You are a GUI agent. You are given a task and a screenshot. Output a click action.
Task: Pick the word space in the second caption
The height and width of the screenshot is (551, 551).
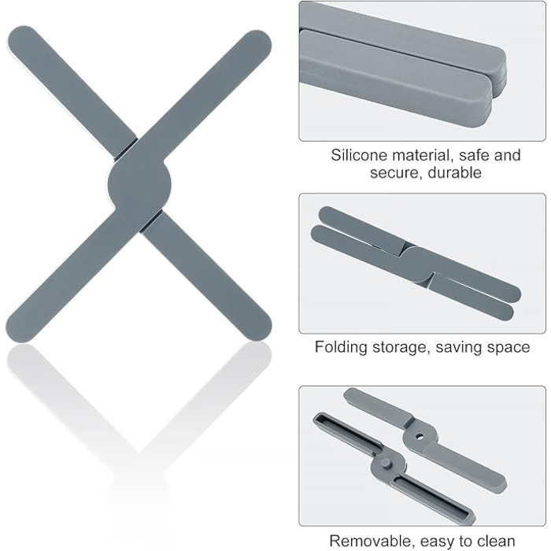[x=511, y=348]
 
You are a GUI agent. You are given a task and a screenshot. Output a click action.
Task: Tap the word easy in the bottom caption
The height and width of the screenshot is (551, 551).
[x=438, y=542]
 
